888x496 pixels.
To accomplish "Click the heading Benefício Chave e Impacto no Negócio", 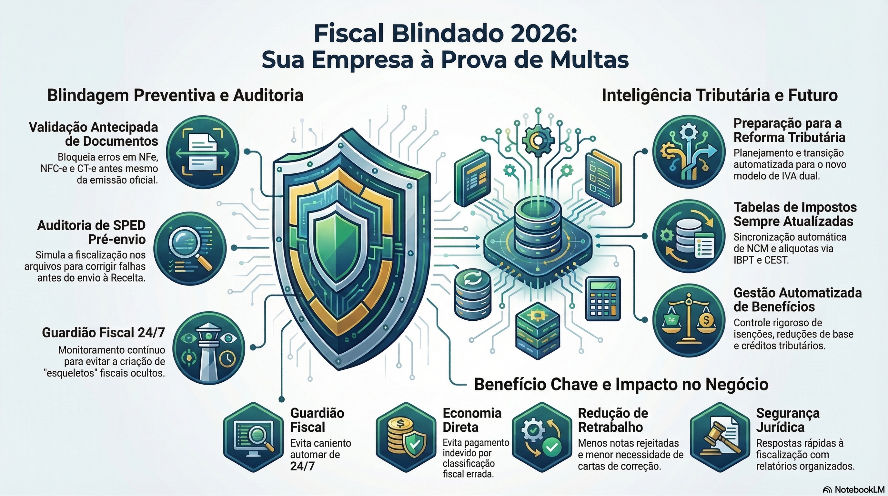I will tap(621, 384).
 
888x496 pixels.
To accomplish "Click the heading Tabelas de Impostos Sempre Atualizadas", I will tap(794, 214).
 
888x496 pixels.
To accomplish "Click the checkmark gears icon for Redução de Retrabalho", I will tap(541, 437).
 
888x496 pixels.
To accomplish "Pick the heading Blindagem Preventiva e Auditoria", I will tap(175, 95).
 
